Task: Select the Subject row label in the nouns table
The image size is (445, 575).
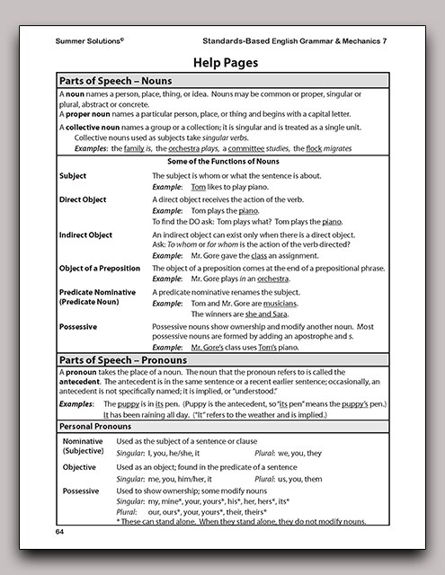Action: tap(73, 175)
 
